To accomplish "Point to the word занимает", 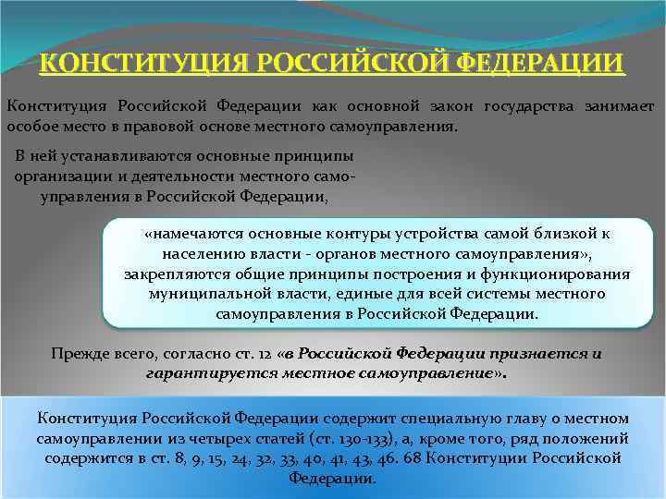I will point(621,106).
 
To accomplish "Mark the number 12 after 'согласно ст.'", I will point(269,354).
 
